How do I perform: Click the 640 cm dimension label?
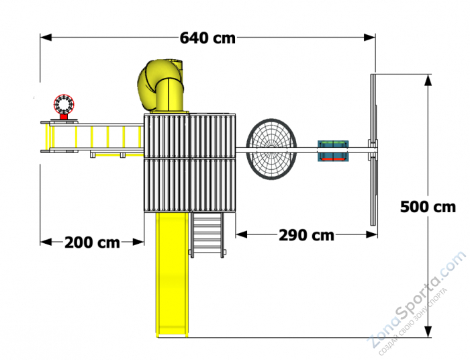[207, 38]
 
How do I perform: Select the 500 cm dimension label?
[428, 207]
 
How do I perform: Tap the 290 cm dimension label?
[306, 235]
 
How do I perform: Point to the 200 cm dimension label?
[92, 242]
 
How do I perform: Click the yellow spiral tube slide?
[160, 86]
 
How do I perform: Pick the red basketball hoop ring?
[64, 104]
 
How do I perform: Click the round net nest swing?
[271, 149]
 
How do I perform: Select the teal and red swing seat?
[333, 150]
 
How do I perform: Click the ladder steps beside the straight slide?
[207, 234]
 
